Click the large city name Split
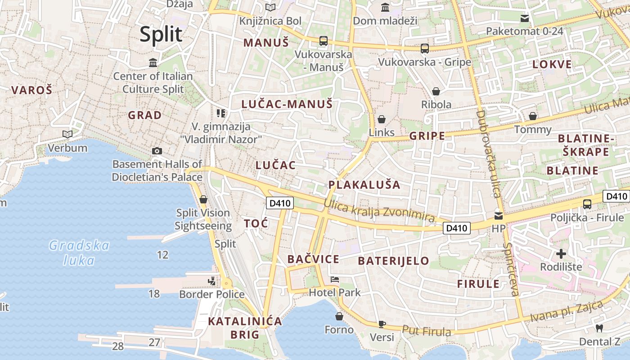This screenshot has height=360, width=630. point(161,35)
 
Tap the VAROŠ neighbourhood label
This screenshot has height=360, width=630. point(31,90)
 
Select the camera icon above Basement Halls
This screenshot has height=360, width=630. point(157,151)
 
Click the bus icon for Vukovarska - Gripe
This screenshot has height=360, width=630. point(424,48)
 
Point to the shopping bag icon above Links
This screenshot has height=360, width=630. point(382,119)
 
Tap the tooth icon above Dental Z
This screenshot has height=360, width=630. point(599,328)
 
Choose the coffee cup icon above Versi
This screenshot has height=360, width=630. point(382,324)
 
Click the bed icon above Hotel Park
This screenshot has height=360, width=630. point(335,279)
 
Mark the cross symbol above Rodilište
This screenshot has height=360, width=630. point(561,253)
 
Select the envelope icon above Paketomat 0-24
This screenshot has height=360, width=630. point(525,18)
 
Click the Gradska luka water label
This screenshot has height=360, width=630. point(79,253)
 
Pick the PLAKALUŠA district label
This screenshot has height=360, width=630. point(364,185)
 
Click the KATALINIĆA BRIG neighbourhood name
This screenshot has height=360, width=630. point(245,328)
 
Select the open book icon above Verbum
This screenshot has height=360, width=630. point(67,134)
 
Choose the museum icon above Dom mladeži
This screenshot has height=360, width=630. point(385,8)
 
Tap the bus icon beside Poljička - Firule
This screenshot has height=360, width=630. point(587,204)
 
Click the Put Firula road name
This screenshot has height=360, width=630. point(426,331)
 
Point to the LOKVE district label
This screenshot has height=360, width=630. point(552,64)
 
